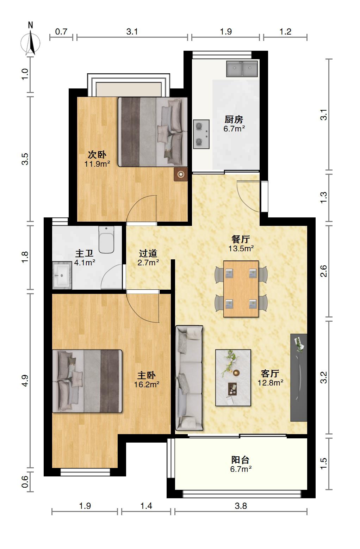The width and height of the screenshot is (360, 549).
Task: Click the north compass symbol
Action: tap(30, 41)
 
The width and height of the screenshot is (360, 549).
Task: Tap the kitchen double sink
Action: tap(242, 69)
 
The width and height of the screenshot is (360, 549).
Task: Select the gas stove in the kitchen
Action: tap(201, 134)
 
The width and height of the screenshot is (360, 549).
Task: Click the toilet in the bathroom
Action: tap(106, 240)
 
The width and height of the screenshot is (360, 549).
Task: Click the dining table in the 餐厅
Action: tap(241, 289)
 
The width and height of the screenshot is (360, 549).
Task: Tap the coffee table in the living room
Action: tap(233, 377)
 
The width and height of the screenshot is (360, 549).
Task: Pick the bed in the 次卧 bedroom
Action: tap(153, 132)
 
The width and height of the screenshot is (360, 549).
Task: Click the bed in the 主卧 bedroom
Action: tap(87, 381)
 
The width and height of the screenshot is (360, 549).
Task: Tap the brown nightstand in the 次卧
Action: tap(181, 174)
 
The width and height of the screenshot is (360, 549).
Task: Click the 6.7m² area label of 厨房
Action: tap(234, 128)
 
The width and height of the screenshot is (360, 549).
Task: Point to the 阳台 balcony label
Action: tap(240, 459)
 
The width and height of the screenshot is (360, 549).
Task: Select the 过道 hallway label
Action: tap(148, 253)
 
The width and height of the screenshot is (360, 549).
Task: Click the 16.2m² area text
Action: tap(147, 384)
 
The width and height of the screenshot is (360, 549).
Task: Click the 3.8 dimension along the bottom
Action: tap(241, 506)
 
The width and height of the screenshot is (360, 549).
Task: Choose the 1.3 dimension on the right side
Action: tap(324, 198)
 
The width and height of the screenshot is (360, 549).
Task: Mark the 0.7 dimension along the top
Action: tap(61, 32)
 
